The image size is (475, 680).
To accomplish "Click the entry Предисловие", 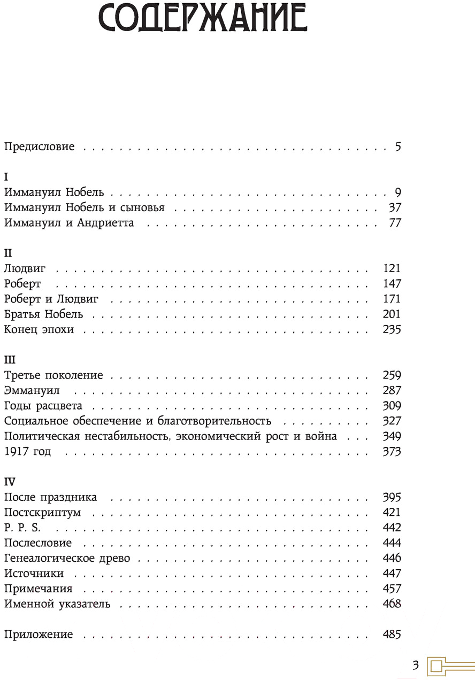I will [x=40, y=146].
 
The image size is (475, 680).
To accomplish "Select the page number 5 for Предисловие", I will [x=398, y=146].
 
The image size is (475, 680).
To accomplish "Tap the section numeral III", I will [x=10, y=360].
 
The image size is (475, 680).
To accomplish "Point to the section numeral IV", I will [x=11, y=482].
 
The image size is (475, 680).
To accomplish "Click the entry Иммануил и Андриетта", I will [x=69, y=223].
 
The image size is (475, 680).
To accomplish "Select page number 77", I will [x=395, y=223].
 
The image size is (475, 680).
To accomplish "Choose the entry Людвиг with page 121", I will [x=25, y=268].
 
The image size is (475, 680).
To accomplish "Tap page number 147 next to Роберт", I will [x=392, y=284].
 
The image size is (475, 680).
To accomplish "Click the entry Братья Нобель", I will [x=43, y=314].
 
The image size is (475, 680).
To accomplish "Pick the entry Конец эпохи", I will [x=39, y=330].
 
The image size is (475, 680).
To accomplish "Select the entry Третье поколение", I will [x=53, y=375].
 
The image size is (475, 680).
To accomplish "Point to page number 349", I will [x=392, y=436].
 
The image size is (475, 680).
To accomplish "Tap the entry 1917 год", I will [x=27, y=452].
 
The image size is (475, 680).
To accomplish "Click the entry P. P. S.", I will [x=22, y=528].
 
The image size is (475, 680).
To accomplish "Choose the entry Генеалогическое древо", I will [x=67, y=559].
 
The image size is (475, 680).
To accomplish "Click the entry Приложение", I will [x=39, y=635].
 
